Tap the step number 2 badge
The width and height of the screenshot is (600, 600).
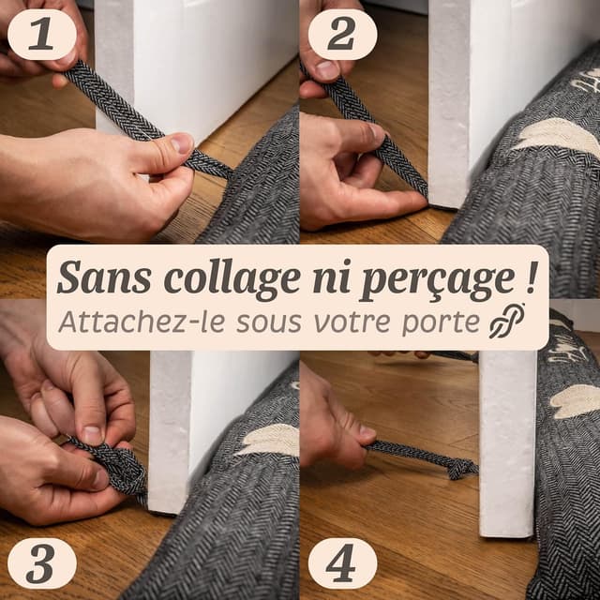[342, 35]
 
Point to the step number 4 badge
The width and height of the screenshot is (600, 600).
[342, 563]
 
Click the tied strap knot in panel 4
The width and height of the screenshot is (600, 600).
[459, 468]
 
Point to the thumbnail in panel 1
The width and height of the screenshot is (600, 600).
[180, 142]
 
